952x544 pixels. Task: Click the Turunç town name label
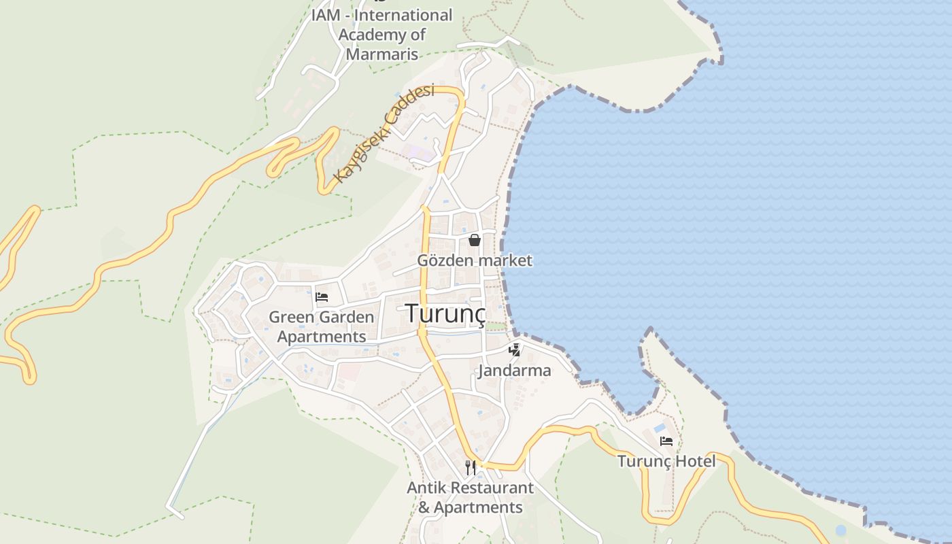click(x=446, y=313)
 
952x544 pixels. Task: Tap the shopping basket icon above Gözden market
click(x=475, y=240)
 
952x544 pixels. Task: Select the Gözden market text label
click(x=475, y=260)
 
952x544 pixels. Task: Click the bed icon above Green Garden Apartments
click(x=322, y=297)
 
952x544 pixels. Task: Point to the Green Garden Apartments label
click(x=322, y=326)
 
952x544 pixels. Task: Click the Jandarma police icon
click(x=515, y=350)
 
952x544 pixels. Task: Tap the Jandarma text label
click(x=514, y=371)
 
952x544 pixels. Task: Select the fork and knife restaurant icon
click(x=470, y=467)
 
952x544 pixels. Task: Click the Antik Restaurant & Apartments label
click(x=470, y=497)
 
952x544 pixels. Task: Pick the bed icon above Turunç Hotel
click(x=666, y=441)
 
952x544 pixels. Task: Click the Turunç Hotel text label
click(x=666, y=461)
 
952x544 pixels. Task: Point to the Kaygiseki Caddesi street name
click(x=384, y=133)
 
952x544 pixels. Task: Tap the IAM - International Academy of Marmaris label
click(x=381, y=34)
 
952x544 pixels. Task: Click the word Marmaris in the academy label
click(x=381, y=54)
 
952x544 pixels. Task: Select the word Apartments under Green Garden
click(x=322, y=337)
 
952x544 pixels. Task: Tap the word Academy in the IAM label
click(x=373, y=34)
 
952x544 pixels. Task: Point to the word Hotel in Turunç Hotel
click(x=695, y=461)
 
